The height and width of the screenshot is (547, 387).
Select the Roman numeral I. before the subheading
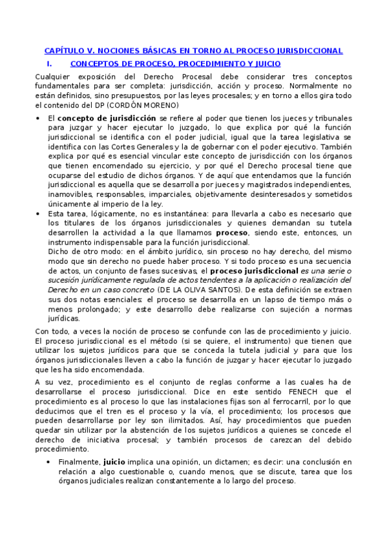click(50, 64)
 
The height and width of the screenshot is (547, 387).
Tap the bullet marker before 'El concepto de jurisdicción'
click(40, 119)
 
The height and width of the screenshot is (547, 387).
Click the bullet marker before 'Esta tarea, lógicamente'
click(40, 214)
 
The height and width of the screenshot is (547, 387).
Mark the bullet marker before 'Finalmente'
click(52, 462)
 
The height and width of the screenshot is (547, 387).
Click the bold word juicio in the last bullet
click(114, 461)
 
